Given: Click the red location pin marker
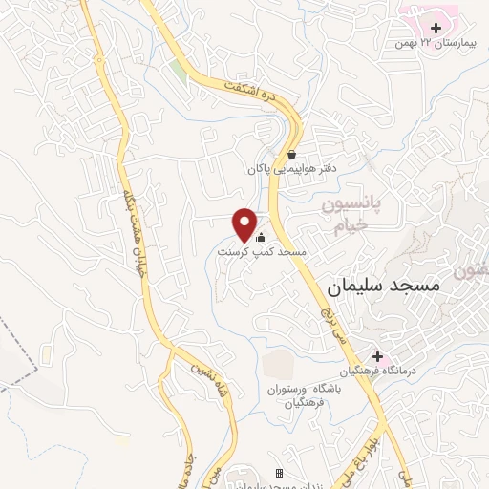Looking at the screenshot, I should (x=244, y=224).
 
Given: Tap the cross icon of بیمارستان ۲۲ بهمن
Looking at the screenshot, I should (x=436, y=29).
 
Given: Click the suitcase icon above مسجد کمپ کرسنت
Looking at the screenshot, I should (x=261, y=238).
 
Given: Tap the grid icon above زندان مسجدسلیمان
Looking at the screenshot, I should (x=279, y=473).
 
